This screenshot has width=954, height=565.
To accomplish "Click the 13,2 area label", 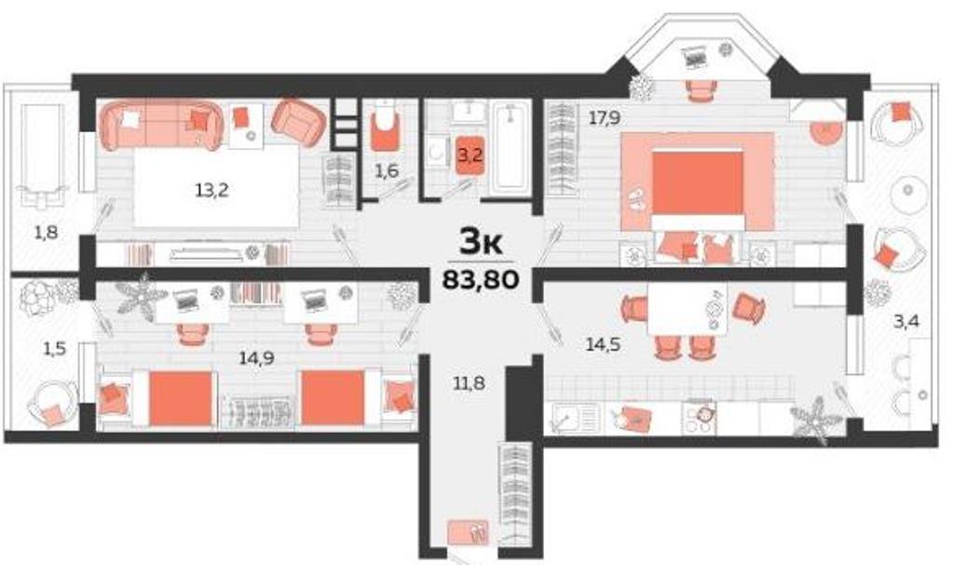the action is [x=211, y=191].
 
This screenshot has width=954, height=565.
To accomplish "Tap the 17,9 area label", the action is [x=604, y=118].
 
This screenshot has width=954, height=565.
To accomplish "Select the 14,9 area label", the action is [x=256, y=358].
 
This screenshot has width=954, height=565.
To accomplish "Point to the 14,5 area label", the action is [x=603, y=344].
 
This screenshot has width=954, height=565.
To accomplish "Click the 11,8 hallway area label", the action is [x=470, y=383].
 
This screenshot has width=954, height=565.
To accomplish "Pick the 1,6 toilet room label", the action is [x=387, y=171].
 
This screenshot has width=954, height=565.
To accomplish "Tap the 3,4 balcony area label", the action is [x=906, y=320].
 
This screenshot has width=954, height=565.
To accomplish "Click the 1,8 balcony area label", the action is [x=47, y=232].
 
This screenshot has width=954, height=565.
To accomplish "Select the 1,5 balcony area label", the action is [x=54, y=349].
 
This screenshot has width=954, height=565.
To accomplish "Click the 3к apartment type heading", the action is [x=480, y=243].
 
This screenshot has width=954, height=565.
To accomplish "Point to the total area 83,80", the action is [x=481, y=279].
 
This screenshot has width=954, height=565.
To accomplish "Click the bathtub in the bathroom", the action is [x=511, y=148].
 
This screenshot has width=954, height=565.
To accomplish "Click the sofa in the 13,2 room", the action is [x=161, y=126].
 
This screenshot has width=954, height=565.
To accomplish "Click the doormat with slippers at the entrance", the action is [x=468, y=532].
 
